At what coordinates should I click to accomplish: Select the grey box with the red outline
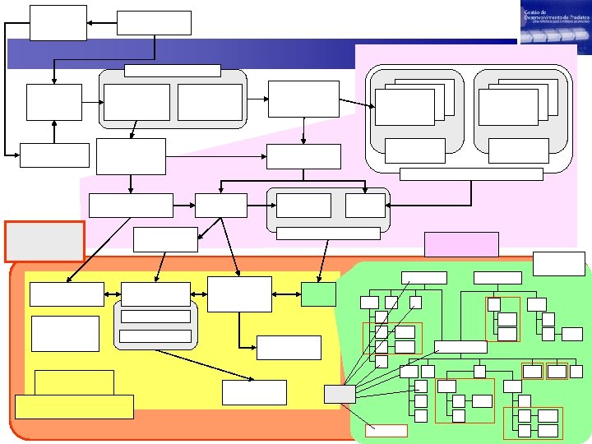(x=44, y=241)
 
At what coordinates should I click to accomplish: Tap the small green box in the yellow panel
(x=318, y=294)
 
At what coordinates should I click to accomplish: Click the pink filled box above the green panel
(x=461, y=244)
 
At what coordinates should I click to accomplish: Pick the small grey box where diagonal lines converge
(x=340, y=394)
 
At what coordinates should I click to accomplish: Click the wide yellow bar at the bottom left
(x=74, y=406)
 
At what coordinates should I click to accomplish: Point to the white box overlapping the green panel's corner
(x=559, y=263)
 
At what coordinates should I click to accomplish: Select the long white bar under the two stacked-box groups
(x=470, y=173)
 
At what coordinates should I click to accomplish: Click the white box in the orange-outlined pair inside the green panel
(x=405, y=332)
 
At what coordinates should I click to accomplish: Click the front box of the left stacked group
(x=405, y=108)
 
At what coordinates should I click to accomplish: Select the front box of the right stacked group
(x=508, y=108)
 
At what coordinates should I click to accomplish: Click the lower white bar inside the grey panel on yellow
(x=155, y=335)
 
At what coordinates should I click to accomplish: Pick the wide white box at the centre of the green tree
(x=460, y=346)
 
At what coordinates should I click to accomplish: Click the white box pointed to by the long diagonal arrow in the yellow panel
(x=255, y=392)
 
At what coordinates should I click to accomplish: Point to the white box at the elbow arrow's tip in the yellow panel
(x=289, y=348)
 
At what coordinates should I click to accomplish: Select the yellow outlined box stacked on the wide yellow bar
(x=75, y=382)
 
